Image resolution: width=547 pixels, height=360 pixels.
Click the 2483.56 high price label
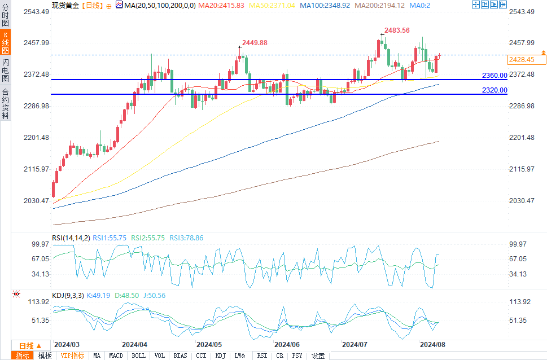click(397, 30)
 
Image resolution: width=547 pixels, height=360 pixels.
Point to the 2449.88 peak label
click(255, 43)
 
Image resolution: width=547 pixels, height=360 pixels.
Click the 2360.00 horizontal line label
click(494, 75)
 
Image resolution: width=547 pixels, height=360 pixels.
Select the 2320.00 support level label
click(494, 90)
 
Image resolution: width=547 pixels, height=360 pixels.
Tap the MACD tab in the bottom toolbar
click(116, 355)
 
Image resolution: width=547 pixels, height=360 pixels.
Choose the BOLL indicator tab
click(138, 355)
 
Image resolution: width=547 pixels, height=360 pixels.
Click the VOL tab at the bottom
click(160, 355)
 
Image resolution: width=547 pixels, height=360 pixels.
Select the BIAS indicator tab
click(180, 355)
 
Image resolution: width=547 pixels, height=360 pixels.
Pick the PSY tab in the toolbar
click(297, 355)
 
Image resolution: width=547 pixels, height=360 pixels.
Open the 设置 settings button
click(318, 355)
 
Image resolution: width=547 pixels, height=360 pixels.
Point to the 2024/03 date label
click(67, 344)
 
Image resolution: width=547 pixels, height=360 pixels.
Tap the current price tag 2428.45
click(521, 59)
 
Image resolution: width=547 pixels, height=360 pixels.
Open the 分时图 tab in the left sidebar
click(5, 14)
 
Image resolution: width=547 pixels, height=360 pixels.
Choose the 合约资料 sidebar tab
click(5, 104)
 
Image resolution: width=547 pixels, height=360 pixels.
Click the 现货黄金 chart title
click(66, 5)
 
